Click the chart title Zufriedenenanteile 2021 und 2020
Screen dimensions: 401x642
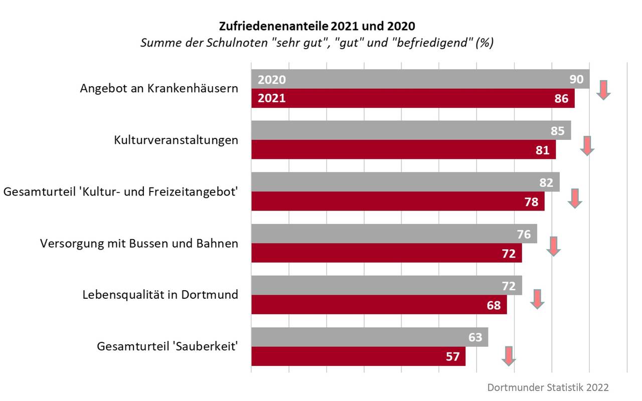317,26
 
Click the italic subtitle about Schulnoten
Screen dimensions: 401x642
317,43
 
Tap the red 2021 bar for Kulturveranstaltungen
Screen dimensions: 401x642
391,149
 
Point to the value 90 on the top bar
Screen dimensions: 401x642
576,80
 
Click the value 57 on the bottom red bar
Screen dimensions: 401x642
453,357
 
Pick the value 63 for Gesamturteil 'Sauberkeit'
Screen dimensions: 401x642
475,337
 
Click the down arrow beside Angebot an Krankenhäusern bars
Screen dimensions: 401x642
603,90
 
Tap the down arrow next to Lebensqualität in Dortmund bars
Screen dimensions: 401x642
537,299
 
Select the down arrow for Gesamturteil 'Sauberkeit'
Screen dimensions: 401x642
509,356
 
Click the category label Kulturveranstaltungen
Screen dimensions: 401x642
176,140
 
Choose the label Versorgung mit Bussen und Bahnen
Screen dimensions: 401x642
139,243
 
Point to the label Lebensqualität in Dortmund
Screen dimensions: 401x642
160,295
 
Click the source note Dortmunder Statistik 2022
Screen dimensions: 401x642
548,387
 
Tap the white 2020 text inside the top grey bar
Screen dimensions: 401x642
272,80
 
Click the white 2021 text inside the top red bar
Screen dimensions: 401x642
272,98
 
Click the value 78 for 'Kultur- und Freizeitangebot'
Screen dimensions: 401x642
531,202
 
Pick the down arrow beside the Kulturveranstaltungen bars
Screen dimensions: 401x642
587,145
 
